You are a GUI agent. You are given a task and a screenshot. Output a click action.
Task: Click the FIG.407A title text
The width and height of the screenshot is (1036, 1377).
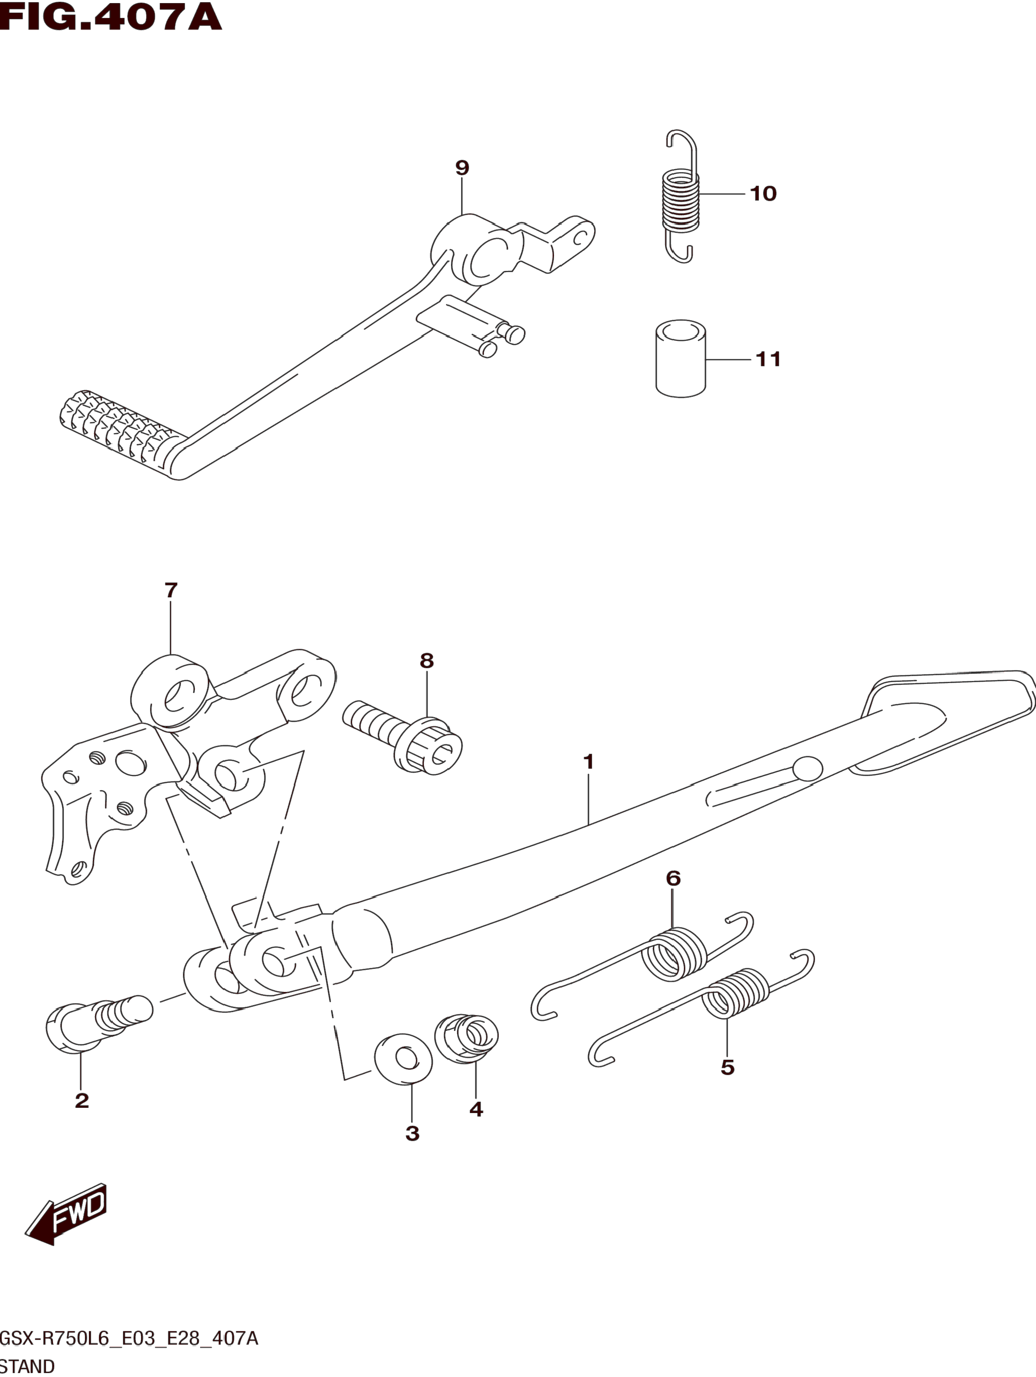coord(111,17)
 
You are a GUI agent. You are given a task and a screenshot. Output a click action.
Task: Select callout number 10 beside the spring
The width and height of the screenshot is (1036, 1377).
coord(763,193)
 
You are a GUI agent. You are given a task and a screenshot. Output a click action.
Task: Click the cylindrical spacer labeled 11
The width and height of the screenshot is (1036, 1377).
coord(681,359)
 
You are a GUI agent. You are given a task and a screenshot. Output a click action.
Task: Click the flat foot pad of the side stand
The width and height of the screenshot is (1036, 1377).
coord(946,716)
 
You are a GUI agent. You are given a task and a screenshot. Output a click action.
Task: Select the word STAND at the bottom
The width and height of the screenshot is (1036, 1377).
coord(27,1366)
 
